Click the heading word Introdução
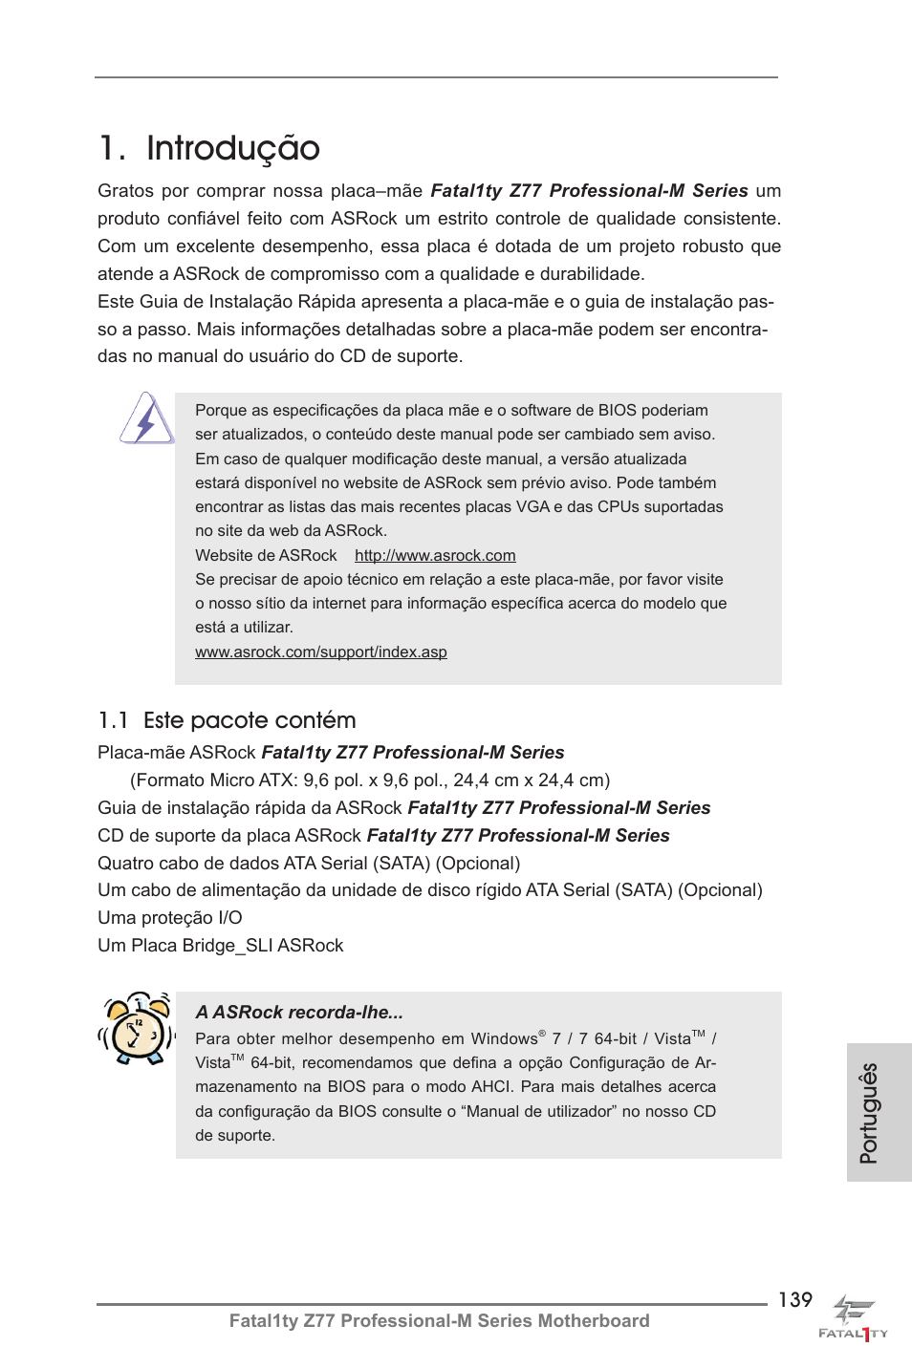(x=232, y=149)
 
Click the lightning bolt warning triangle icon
(x=146, y=419)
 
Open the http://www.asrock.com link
(x=435, y=555)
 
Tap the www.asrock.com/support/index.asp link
(x=320, y=652)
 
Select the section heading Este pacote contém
(x=250, y=720)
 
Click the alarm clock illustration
(x=137, y=1028)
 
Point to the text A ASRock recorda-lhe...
(x=298, y=1012)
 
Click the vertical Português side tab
(x=869, y=1112)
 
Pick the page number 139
(x=794, y=1299)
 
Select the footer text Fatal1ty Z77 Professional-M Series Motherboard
(x=439, y=1320)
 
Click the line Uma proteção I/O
(x=170, y=917)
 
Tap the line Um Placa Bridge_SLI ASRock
(x=220, y=945)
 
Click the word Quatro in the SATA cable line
(x=127, y=863)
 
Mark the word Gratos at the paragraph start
(x=125, y=190)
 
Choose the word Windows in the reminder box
(x=504, y=1038)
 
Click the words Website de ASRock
(x=266, y=555)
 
